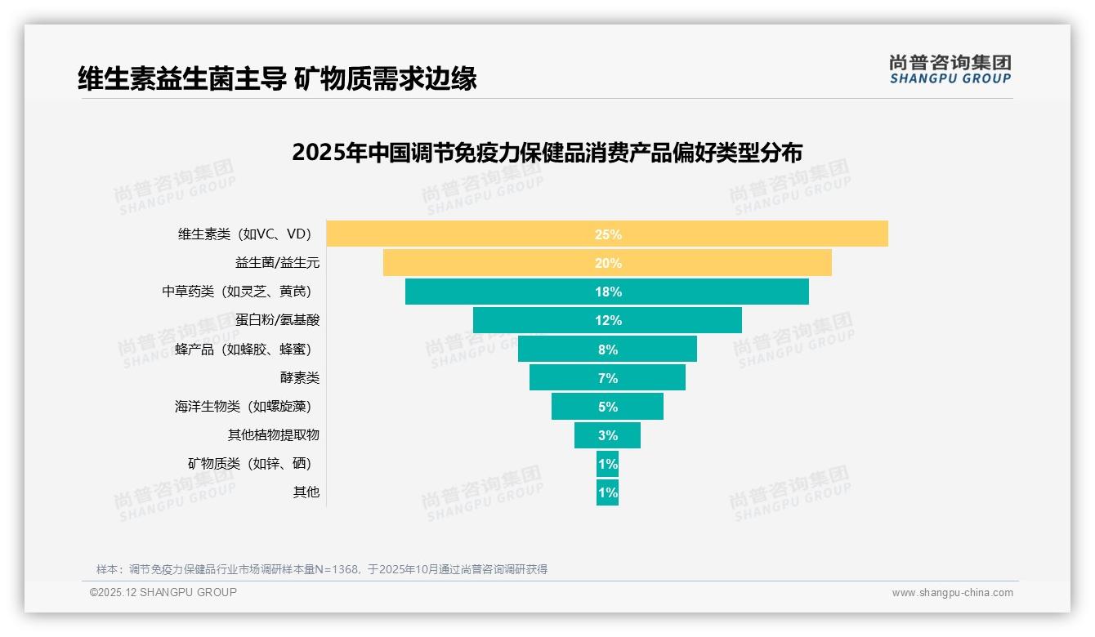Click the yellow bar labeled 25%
(607, 234)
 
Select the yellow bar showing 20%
(607, 263)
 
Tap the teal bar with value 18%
(607, 292)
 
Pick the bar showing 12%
(607, 320)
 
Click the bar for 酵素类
(607, 377)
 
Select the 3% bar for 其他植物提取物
(607, 435)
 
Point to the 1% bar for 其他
(607, 492)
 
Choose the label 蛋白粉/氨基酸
(277, 320)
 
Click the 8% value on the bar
(607, 350)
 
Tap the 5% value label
(607, 407)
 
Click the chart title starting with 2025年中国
(547, 154)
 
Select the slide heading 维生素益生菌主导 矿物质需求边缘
(277, 78)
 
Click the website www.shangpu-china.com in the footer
(952, 593)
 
